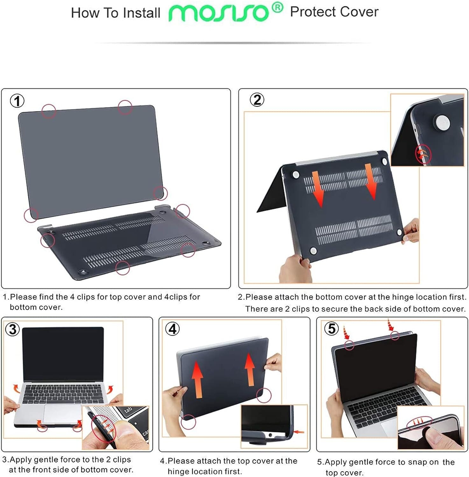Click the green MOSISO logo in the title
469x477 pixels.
[219, 13]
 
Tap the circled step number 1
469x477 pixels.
[17, 101]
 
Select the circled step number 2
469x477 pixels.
[257, 100]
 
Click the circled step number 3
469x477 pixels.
[13, 329]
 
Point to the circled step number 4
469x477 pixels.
[172, 329]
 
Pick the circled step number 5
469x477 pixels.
[332, 328]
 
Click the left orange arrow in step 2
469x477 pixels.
[318, 188]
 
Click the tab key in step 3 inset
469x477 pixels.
[128, 410]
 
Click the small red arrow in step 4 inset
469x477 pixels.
[299, 432]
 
